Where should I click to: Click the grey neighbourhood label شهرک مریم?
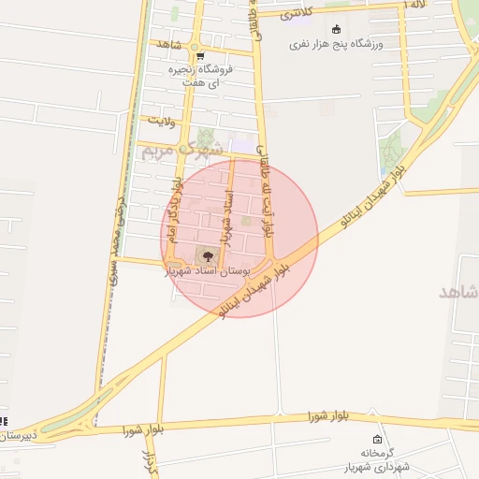pos(182,148)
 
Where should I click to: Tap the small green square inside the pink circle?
pos(247,222)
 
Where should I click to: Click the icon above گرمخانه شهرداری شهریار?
pos(377,440)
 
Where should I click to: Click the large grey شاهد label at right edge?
pos(458,292)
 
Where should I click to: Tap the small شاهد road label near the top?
pos(169,45)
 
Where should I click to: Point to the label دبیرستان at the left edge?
pos(17,436)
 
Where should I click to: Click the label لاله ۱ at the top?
pos(415,6)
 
